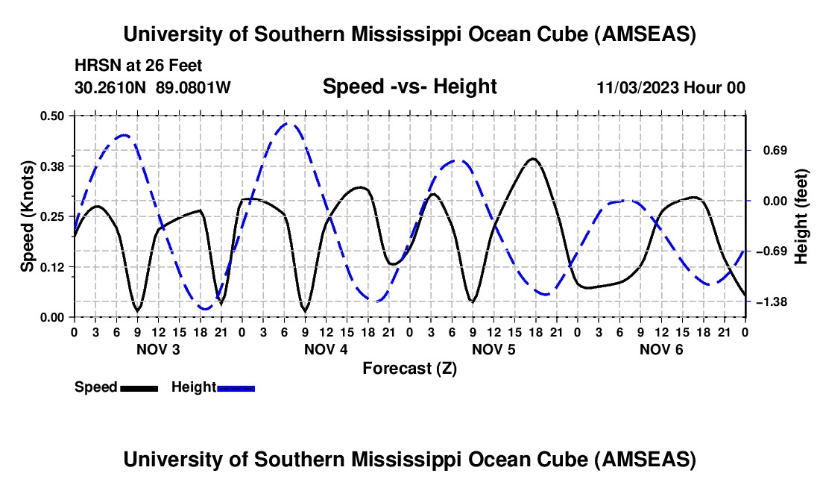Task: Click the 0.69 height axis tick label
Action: [x=772, y=150]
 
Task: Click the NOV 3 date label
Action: [x=158, y=349]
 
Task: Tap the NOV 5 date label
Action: [x=493, y=349]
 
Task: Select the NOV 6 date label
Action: [x=661, y=349]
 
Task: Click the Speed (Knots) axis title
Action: [x=28, y=216]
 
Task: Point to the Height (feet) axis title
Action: [x=801, y=216]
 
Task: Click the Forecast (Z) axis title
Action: [x=409, y=368]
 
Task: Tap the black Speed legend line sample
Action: [x=139, y=388]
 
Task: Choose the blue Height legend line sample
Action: [x=236, y=388]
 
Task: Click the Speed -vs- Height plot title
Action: [x=409, y=87]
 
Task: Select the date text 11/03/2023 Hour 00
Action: [x=671, y=88]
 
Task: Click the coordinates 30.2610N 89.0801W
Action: [x=153, y=88]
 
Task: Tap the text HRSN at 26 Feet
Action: [x=139, y=66]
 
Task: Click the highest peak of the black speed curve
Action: [x=533, y=159]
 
